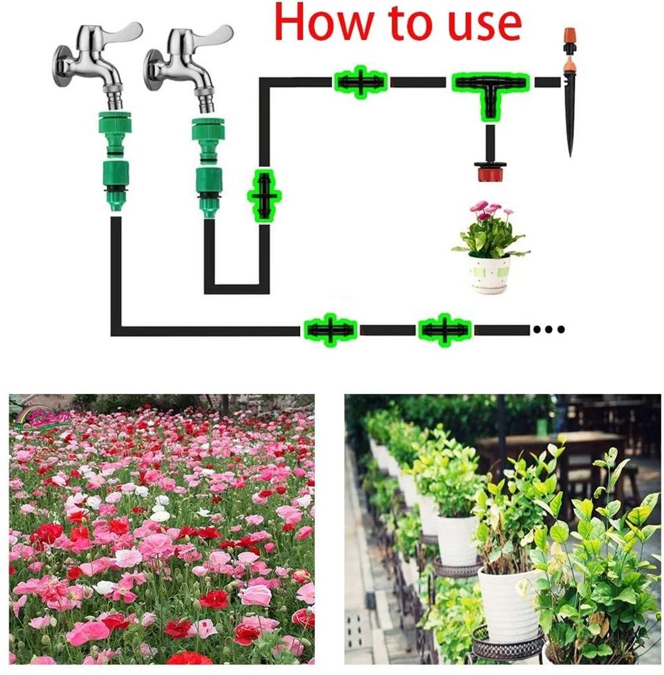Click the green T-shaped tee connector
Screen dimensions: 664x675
click(490, 90)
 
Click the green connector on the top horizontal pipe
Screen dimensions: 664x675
click(360, 82)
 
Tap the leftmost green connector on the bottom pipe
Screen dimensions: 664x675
click(330, 330)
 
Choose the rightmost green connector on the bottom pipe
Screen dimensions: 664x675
click(444, 330)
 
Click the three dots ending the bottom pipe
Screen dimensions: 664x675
click(548, 329)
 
